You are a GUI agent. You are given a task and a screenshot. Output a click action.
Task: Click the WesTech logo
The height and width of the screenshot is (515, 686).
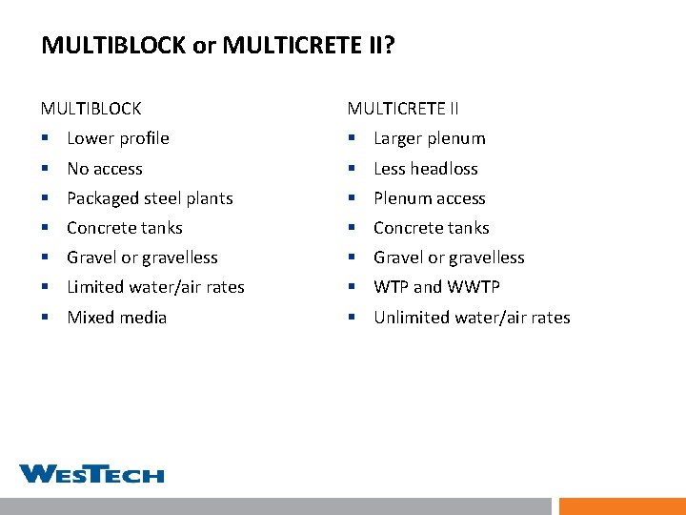[91, 474]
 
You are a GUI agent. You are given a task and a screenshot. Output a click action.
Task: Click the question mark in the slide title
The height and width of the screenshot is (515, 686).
[388, 45]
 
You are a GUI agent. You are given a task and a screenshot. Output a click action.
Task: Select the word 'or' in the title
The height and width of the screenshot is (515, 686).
[204, 46]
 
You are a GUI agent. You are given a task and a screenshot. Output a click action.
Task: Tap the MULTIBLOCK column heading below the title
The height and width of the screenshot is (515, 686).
[91, 109]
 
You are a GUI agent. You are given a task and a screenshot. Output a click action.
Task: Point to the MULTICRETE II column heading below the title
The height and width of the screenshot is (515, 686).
[403, 109]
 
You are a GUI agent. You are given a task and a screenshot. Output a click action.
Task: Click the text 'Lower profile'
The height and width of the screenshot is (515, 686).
[118, 138]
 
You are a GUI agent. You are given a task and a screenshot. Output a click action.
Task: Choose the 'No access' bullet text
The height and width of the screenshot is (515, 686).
[105, 169]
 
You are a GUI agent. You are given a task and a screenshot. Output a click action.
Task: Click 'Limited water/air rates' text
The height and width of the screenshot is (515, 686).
[155, 287]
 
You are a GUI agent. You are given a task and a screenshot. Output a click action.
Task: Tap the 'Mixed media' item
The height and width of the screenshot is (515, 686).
[116, 318]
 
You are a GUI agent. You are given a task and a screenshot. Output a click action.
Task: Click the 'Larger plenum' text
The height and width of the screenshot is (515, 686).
[429, 138]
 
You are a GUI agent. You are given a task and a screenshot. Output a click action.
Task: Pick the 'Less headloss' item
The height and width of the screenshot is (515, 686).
[425, 169]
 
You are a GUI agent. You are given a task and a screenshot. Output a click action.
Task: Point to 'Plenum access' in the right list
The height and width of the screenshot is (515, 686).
[429, 198]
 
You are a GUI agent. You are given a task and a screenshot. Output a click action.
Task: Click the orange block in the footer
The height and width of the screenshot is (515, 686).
[621, 505]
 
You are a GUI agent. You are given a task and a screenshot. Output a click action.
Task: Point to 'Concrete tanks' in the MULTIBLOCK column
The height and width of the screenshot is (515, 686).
[124, 228]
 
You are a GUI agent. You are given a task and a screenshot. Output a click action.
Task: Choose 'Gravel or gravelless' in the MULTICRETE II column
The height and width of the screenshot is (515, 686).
[449, 257]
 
